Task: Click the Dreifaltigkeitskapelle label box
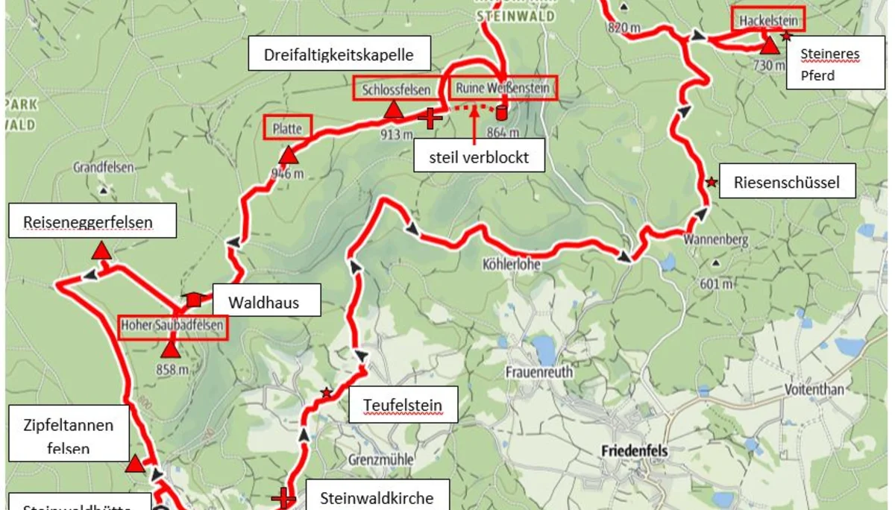click(338, 54)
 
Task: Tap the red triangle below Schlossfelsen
click(393, 111)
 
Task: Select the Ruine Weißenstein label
click(503, 89)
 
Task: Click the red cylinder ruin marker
click(500, 113)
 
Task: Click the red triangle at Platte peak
click(288, 155)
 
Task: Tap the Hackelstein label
click(767, 20)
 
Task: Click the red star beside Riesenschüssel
click(712, 182)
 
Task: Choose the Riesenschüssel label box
click(787, 182)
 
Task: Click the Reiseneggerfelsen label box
click(92, 221)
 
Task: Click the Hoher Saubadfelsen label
click(172, 327)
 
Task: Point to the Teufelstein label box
click(403, 406)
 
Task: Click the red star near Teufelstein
click(326, 392)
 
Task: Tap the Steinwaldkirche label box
click(376, 497)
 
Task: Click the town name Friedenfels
click(634, 451)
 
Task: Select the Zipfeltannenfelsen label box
click(69, 436)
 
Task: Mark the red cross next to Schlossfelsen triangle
click(430, 117)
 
